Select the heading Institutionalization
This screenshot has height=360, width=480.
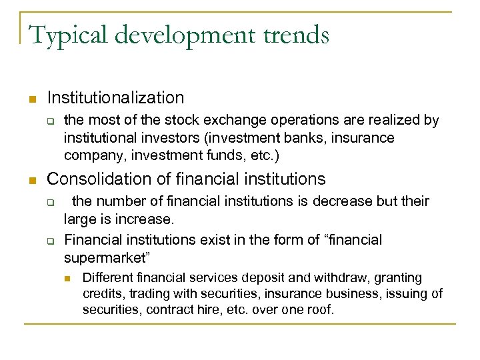(x=115, y=98)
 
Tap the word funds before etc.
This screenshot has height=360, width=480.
(x=222, y=155)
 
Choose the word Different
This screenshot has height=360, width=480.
(x=107, y=277)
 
